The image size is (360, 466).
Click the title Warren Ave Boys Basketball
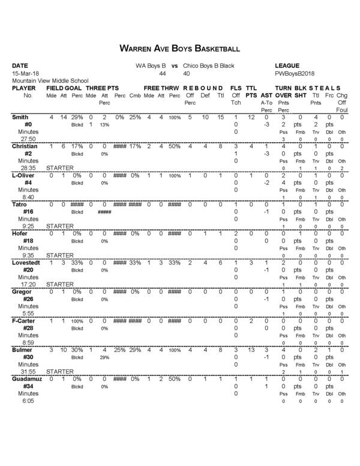(179, 48)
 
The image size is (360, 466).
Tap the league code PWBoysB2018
(293, 73)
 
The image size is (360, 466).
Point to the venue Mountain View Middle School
(50, 80)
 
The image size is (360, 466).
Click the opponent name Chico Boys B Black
(208, 65)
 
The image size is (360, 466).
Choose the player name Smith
(20, 118)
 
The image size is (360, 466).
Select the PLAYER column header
(24, 88)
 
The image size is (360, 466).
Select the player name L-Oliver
(24, 175)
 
